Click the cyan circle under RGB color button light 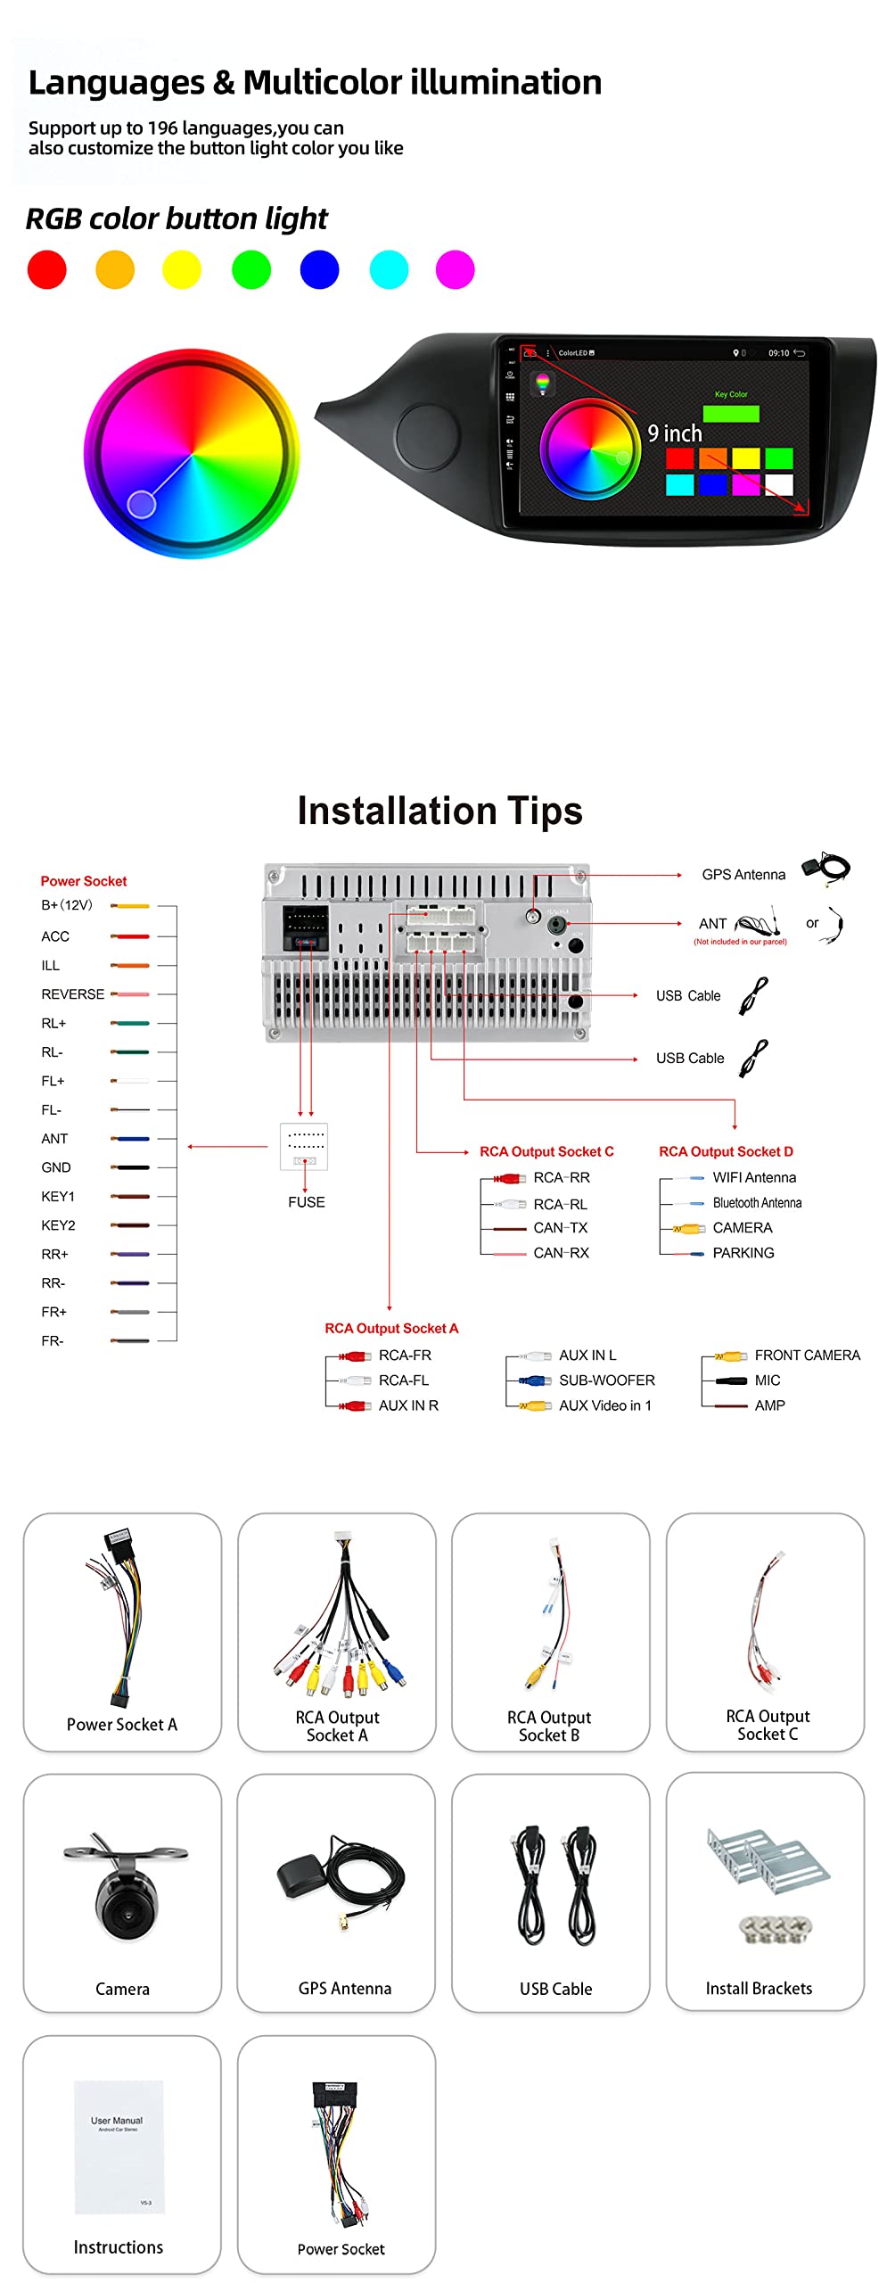pos(389,269)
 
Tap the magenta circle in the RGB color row pos(455,269)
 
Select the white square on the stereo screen pos(778,484)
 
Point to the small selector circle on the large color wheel pos(142,504)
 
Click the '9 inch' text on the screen pos(675,433)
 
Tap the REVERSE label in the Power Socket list pos(73,994)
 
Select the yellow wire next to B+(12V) pos(131,906)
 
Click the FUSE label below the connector pos(306,1202)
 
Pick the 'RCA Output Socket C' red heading pos(546,1151)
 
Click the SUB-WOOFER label pos(606,1381)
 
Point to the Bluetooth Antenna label pos(757,1203)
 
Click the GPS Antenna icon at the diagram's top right pos(825,868)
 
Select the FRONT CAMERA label pos(807,1356)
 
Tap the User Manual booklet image pos(119,2147)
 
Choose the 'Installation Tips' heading pos(439,811)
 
